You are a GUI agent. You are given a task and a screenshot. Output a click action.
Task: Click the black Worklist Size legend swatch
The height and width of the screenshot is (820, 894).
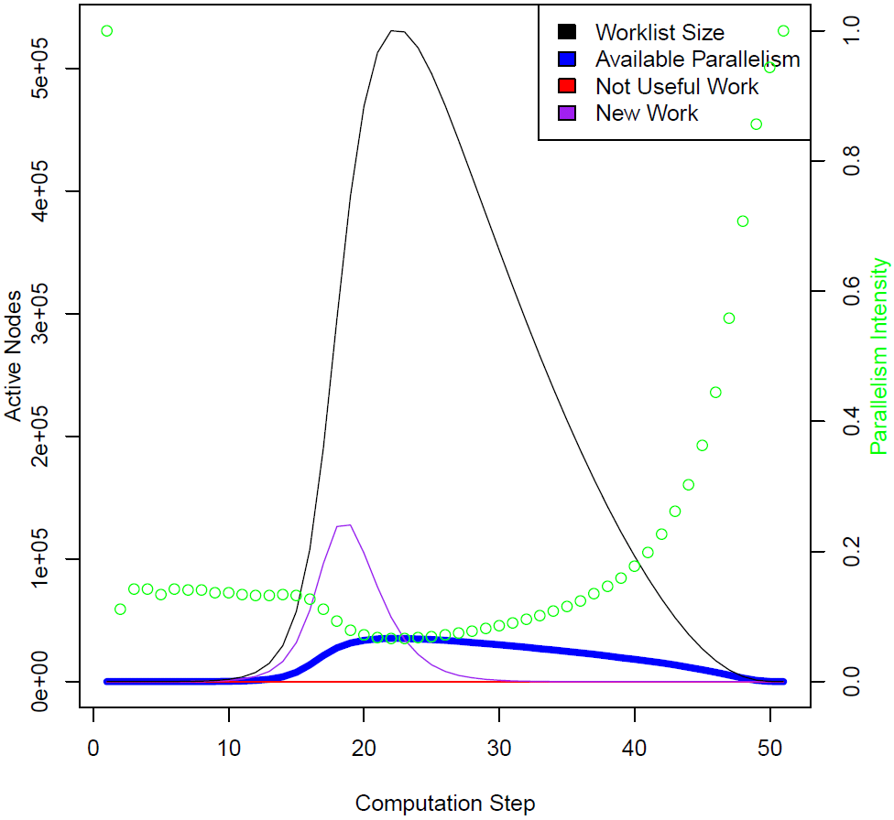(x=567, y=33)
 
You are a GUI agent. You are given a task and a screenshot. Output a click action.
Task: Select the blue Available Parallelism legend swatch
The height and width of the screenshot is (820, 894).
(x=567, y=59)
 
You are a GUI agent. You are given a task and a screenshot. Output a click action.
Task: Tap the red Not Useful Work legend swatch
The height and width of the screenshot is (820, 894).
(x=567, y=87)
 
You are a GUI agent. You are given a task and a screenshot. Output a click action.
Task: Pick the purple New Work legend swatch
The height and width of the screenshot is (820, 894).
(x=567, y=113)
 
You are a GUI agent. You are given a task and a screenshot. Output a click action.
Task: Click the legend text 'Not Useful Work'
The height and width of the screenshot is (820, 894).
(x=677, y=87)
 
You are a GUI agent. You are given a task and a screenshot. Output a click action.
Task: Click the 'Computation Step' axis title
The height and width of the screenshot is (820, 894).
(x=445, y=804)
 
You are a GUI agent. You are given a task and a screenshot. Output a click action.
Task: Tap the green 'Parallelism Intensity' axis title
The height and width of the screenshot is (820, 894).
(x=879, y=356)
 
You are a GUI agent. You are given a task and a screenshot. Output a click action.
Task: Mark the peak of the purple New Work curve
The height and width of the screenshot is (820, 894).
(x=348, y=525)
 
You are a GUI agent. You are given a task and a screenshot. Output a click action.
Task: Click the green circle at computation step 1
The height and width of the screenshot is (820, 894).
(x=107, y=31)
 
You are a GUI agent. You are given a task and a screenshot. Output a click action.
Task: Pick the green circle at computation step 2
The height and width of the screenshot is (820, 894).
(x=120, y=610)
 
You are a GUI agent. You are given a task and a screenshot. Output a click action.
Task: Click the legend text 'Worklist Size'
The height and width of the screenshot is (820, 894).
(x=660, y=33)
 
